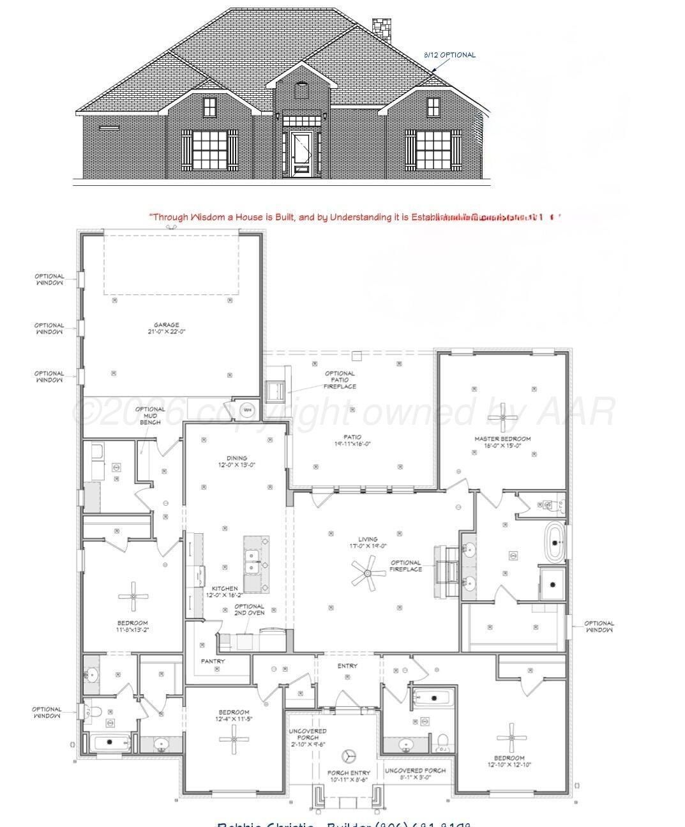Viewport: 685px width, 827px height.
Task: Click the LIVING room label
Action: (x=368, y=539)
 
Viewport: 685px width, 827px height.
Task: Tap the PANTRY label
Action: (x=213, y=661)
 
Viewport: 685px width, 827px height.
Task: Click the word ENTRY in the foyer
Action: (x=347, y=666)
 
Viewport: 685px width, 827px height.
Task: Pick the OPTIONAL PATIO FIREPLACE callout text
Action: (x=340, y=380)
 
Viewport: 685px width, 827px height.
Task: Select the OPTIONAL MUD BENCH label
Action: (x=150, y=416)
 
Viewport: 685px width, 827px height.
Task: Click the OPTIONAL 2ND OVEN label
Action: (x=249, y=610)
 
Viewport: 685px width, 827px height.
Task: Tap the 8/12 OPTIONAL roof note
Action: (x=449, y=55)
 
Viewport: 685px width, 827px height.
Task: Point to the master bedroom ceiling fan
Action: (x=503, y=418)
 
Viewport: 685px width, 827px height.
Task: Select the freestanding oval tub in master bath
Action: (x=555, y=543)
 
